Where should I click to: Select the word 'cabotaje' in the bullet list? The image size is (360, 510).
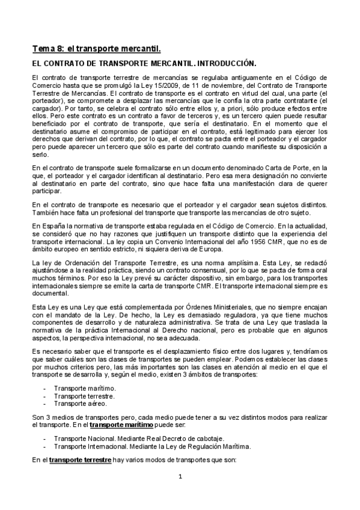click(215, 438)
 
